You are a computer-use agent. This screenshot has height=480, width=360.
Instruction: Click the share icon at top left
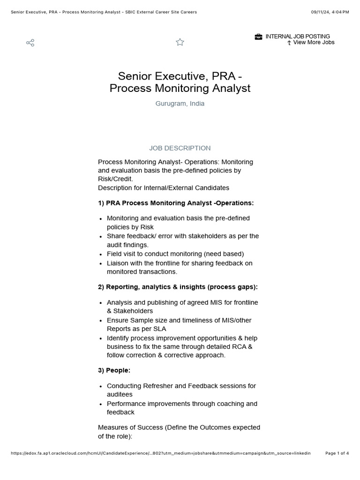[x=30, y=43]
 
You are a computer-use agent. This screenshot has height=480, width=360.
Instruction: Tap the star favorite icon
[x=180, y=42]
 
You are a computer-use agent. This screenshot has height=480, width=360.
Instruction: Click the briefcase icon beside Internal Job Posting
[x=258, y=37]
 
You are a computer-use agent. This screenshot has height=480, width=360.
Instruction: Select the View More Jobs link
[x=314, y=42]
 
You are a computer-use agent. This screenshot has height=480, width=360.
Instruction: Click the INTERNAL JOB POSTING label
[x=298, y=36]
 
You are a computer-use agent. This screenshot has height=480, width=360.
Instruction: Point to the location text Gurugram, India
[x=180, y=104]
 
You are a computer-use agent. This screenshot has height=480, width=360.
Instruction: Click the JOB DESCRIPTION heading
[x=180, y=148]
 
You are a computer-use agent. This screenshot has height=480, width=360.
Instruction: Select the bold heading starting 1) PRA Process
[x=176, y=203]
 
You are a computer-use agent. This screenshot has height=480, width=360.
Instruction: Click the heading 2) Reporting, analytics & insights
[x=178, y=286]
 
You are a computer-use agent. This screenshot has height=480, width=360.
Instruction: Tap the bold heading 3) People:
[x=114, y=370]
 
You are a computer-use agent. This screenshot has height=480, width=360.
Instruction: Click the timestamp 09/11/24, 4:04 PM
[x=330, y=12]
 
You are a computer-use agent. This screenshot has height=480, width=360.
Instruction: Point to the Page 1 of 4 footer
[x=337, y=453]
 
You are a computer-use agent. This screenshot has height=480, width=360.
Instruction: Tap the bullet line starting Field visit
[x=175, y=254]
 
